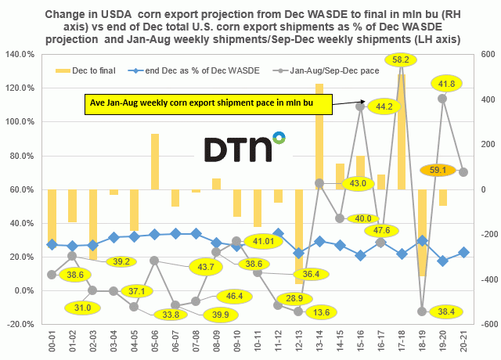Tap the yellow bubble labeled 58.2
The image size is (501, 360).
click(x=400, y=59)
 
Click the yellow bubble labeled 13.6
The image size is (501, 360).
click(x=316, y=314)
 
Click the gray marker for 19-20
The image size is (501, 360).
click(x=442, y=99)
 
